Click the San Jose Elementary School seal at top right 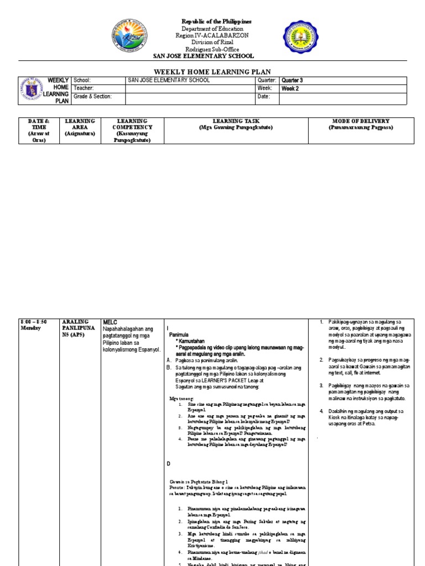(301, 40)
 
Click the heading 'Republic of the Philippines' (216, 21)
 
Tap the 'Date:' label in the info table (263, 96)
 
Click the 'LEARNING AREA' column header (80, 127)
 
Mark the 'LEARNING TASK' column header (236, 124)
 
